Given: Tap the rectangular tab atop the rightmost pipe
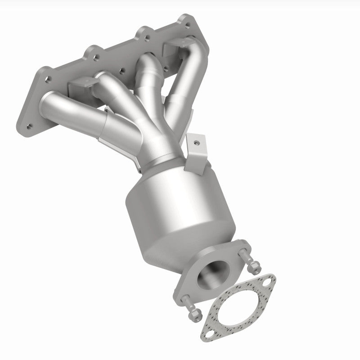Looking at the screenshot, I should click(172, 46).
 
